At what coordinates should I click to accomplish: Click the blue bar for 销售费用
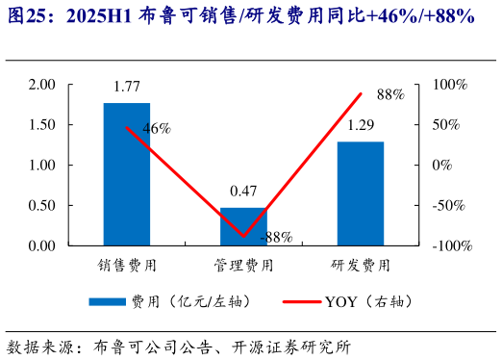pos(127,173)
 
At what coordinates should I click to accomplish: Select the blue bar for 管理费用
pos(243,226)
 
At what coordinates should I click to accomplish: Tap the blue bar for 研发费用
pos(360,193)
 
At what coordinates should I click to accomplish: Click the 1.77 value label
pos(127,89)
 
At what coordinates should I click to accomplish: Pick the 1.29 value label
pos(361,125)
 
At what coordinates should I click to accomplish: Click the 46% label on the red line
pos(156,128)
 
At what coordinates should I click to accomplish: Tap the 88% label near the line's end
pos(390,94)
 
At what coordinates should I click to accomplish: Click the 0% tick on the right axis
pos(441,166)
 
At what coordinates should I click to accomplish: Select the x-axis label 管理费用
pos(243,264)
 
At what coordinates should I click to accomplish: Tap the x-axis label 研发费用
pos(361,264)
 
